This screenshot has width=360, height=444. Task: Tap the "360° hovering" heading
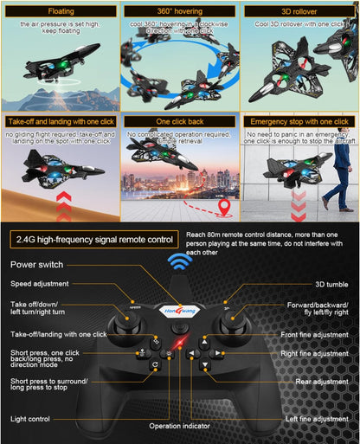tap(179, 12)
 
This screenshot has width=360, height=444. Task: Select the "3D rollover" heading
tap(299, 12)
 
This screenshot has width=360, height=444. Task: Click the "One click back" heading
tap(180, 123)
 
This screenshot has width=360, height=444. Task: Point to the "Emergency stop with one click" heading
tap(299, 123)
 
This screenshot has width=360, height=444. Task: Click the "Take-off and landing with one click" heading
tap(61, 123)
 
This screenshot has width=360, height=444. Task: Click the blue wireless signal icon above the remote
tap(179, 263)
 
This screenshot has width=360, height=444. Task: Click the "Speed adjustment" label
tap(40, 284)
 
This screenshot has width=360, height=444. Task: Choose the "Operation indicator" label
tap(178, 426)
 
